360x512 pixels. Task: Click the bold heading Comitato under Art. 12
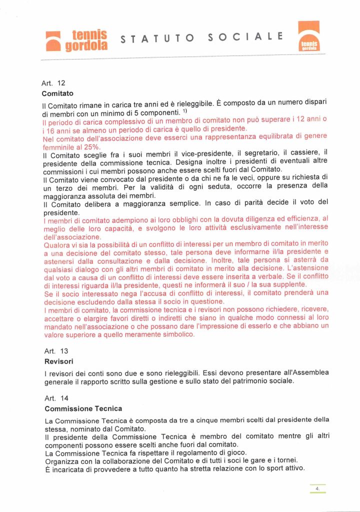click(58, 93)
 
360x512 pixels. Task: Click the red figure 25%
click(89, 147)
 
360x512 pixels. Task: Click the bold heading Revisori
click(58, 361)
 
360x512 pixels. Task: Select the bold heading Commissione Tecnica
click(83, 408)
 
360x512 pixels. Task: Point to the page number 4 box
click(317, 488)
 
